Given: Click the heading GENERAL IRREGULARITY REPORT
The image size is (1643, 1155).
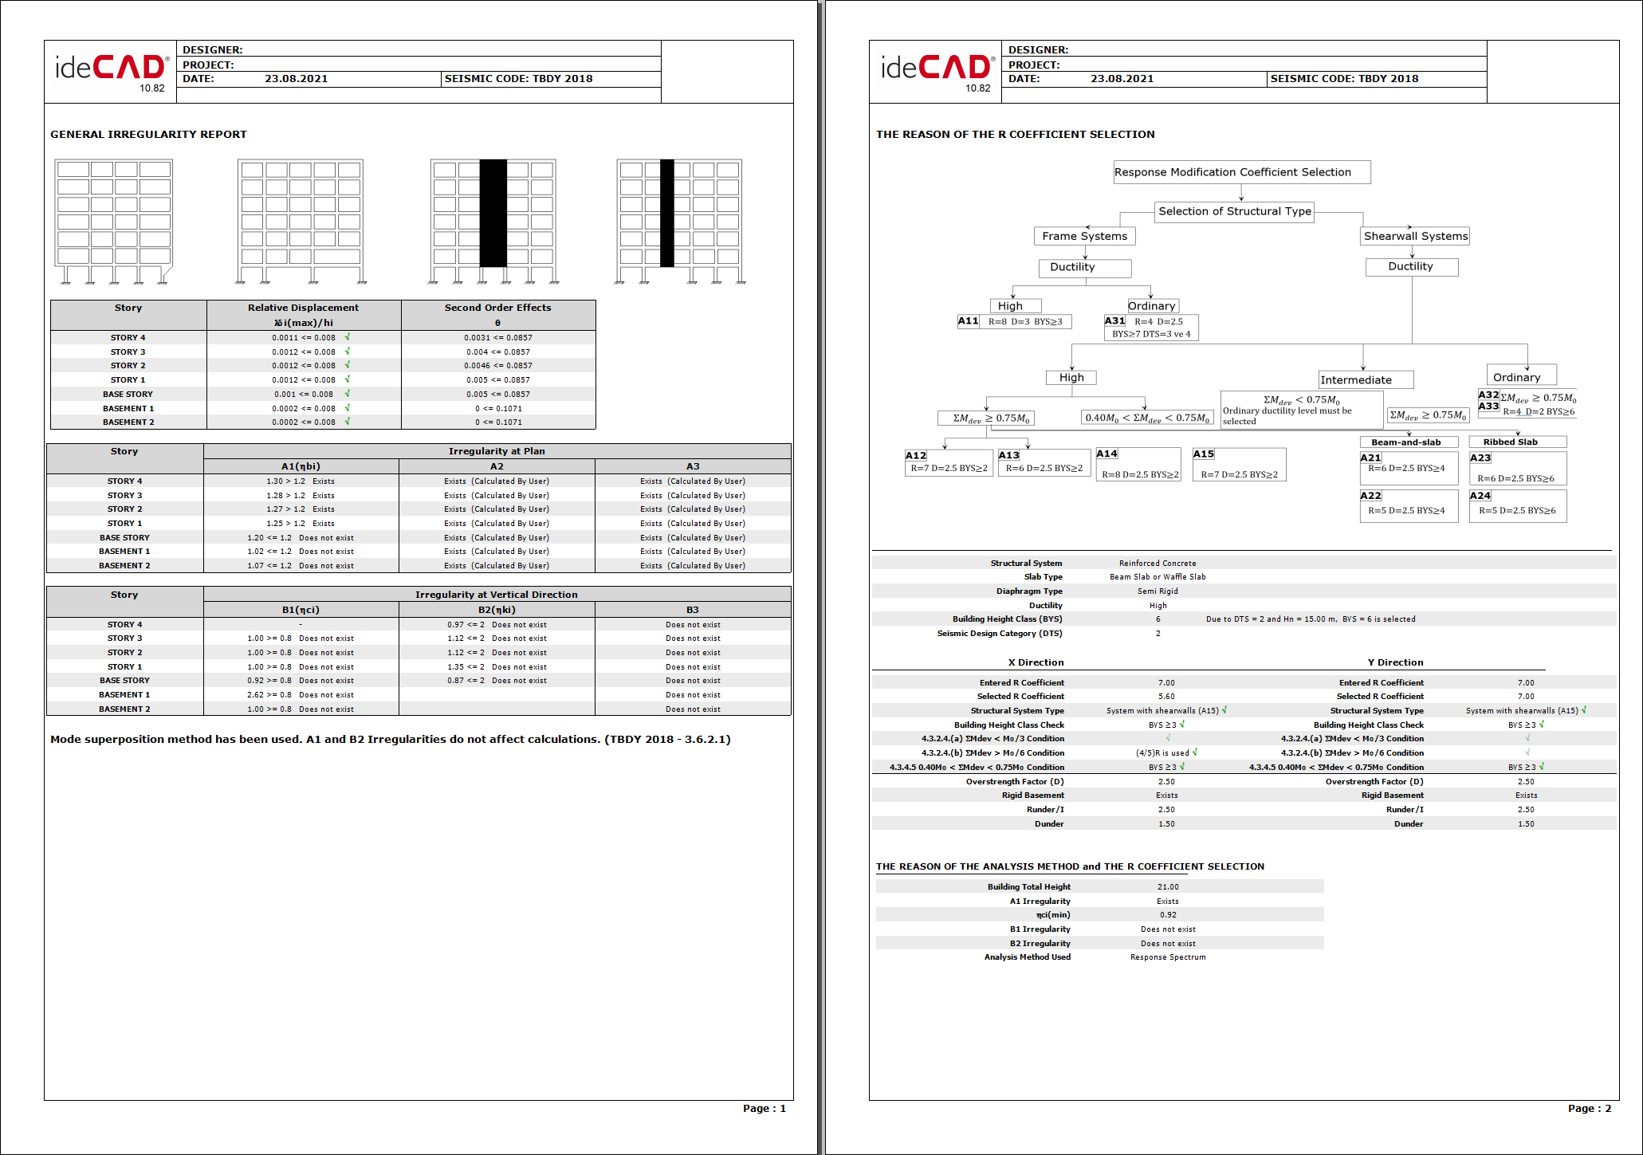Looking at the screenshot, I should [148, 135].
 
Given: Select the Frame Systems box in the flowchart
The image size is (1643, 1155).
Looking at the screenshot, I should [1084, 236].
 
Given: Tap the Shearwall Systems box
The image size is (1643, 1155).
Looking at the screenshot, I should [1415, 236].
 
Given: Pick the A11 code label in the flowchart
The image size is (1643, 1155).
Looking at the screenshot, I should [968, 321].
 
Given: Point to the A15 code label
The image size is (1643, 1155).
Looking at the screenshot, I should [1203, 454].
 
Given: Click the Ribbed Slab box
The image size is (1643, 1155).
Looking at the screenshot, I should [1510, 442].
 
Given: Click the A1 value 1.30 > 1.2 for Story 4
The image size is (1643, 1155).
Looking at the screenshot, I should [285, 481].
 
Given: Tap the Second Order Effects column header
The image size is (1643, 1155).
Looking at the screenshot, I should [497, 308].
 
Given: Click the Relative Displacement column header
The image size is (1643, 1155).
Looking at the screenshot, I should [303, 308].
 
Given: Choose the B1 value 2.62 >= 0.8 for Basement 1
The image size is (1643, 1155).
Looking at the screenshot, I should [269, 695].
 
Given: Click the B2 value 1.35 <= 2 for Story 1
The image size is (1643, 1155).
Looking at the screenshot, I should [466, 667].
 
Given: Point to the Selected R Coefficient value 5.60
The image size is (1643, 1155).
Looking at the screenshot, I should [1166, 697].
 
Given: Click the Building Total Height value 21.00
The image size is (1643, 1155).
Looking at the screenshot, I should [1168, 887].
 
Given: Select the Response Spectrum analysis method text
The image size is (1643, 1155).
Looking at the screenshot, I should [1168, 957].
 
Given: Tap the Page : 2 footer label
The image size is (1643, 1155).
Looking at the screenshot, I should [1589, 1109].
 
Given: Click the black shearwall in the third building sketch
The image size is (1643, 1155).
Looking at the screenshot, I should [493, 213].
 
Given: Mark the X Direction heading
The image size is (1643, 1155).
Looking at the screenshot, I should [1036, 662].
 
